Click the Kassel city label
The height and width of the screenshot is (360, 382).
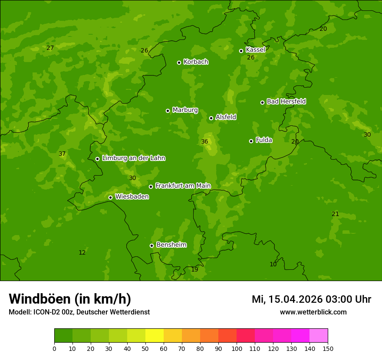pyautogui.click(x=255, y=50)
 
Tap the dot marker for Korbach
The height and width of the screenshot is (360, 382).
pyautogui.click(x=179, y=62)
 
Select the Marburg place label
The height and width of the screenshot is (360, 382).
pyautogui.click(x=185, y=110)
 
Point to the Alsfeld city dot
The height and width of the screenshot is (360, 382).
pyautogui.click(x=211, y=118)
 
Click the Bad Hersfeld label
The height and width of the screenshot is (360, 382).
pyautogui.click(x=286, y=101)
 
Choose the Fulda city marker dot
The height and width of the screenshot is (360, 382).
pyautogui.click(x=251, y=141)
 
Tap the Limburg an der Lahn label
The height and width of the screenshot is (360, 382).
pyautogui.click(x=133, y=158)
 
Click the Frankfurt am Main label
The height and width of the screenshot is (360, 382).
pyautogui.click(x=183, y=186)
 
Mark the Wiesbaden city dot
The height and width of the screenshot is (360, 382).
pyautogui.click(x=110, y=197)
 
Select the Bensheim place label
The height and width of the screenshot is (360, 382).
pyautogui.click(x=171, y=245)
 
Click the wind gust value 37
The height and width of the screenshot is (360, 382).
pyautogui.click(x=62, y=154)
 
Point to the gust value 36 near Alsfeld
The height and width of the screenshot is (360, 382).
pyautogui.click(x=204, y=142)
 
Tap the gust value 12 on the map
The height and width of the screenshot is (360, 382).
pyautogui.click(x=82, y=253)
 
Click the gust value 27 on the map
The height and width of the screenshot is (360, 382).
pyautogui.click(x=50, y=48)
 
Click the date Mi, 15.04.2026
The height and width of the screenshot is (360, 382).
pyautogui.click(x=287, y=299)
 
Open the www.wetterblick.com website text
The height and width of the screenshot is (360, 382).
pyautogui.click(x=313, y=312)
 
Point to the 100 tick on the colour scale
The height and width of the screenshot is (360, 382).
pyautogui.click(x=237, y=348)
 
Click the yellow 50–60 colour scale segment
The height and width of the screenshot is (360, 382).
pyautogui.click(x=155, y=336)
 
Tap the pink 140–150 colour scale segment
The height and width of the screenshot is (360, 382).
pyautogui.click(x=319, y=336)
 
